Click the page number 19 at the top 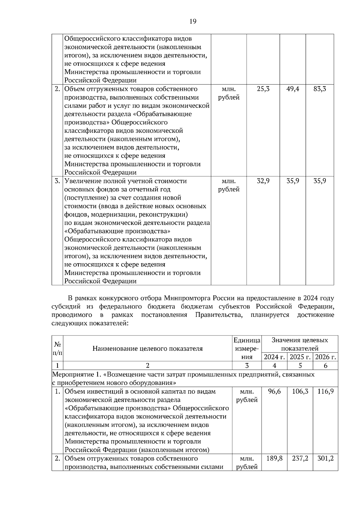(x=193, y=21)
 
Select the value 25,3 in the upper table (x=263, y=89)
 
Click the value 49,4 (x=292, y=89)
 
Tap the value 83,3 (x=319, y=89)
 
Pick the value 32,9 (x=263, y=181)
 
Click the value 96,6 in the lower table (x=274, y=391)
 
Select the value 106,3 (x=300, y=391)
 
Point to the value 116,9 (x=325, y=391)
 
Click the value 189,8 (x=274, y=458)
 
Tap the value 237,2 (x=300, y=458)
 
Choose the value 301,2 (x=325, y=458)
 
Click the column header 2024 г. (x=274, y=357)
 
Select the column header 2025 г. (x=300, y=357)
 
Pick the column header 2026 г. (x=325, y=357)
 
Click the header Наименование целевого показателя (x=147, y=348)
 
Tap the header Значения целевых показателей (x=300, y=344)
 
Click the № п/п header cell (x=57, y=348)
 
